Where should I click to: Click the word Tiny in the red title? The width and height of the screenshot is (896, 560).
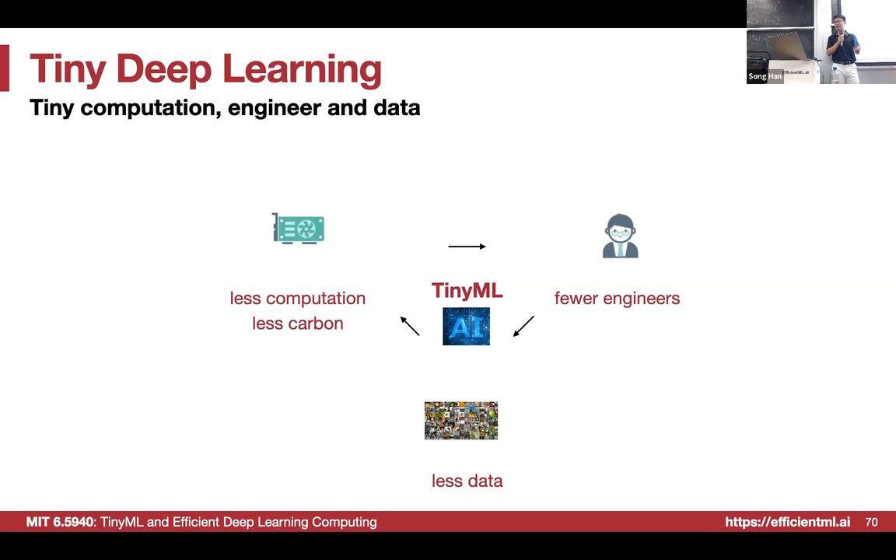[68, 68]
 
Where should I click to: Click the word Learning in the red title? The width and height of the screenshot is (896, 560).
[303, 70]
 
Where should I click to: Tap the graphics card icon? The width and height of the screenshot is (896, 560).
[298, 229]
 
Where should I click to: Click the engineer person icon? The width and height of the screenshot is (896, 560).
[620, 236]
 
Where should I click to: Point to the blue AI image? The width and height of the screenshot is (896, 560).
[466, 326]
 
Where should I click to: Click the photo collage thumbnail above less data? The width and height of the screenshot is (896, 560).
[460, 421]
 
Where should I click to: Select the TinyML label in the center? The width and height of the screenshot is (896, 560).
[467, 291]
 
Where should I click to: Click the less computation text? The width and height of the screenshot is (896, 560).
[297, 299]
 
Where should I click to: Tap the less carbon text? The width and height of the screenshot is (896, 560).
[297, 324]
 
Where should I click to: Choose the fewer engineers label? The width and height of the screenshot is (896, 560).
[617, 299]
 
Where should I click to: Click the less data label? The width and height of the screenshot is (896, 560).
[467, 481]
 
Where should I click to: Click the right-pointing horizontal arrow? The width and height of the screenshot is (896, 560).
[467, 247]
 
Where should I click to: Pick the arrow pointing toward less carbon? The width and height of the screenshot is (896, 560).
[410, 326]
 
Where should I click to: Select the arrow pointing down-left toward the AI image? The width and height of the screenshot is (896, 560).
[523, 326]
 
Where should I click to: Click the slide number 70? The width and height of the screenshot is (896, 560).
[871, 522]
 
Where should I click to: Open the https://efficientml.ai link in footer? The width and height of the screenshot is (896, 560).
[787, 522]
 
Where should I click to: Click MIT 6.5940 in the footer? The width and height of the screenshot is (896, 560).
[59, 522]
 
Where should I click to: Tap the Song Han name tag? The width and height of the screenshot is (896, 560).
[765, 76]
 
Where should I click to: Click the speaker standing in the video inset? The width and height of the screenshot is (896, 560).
[842, 48]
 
